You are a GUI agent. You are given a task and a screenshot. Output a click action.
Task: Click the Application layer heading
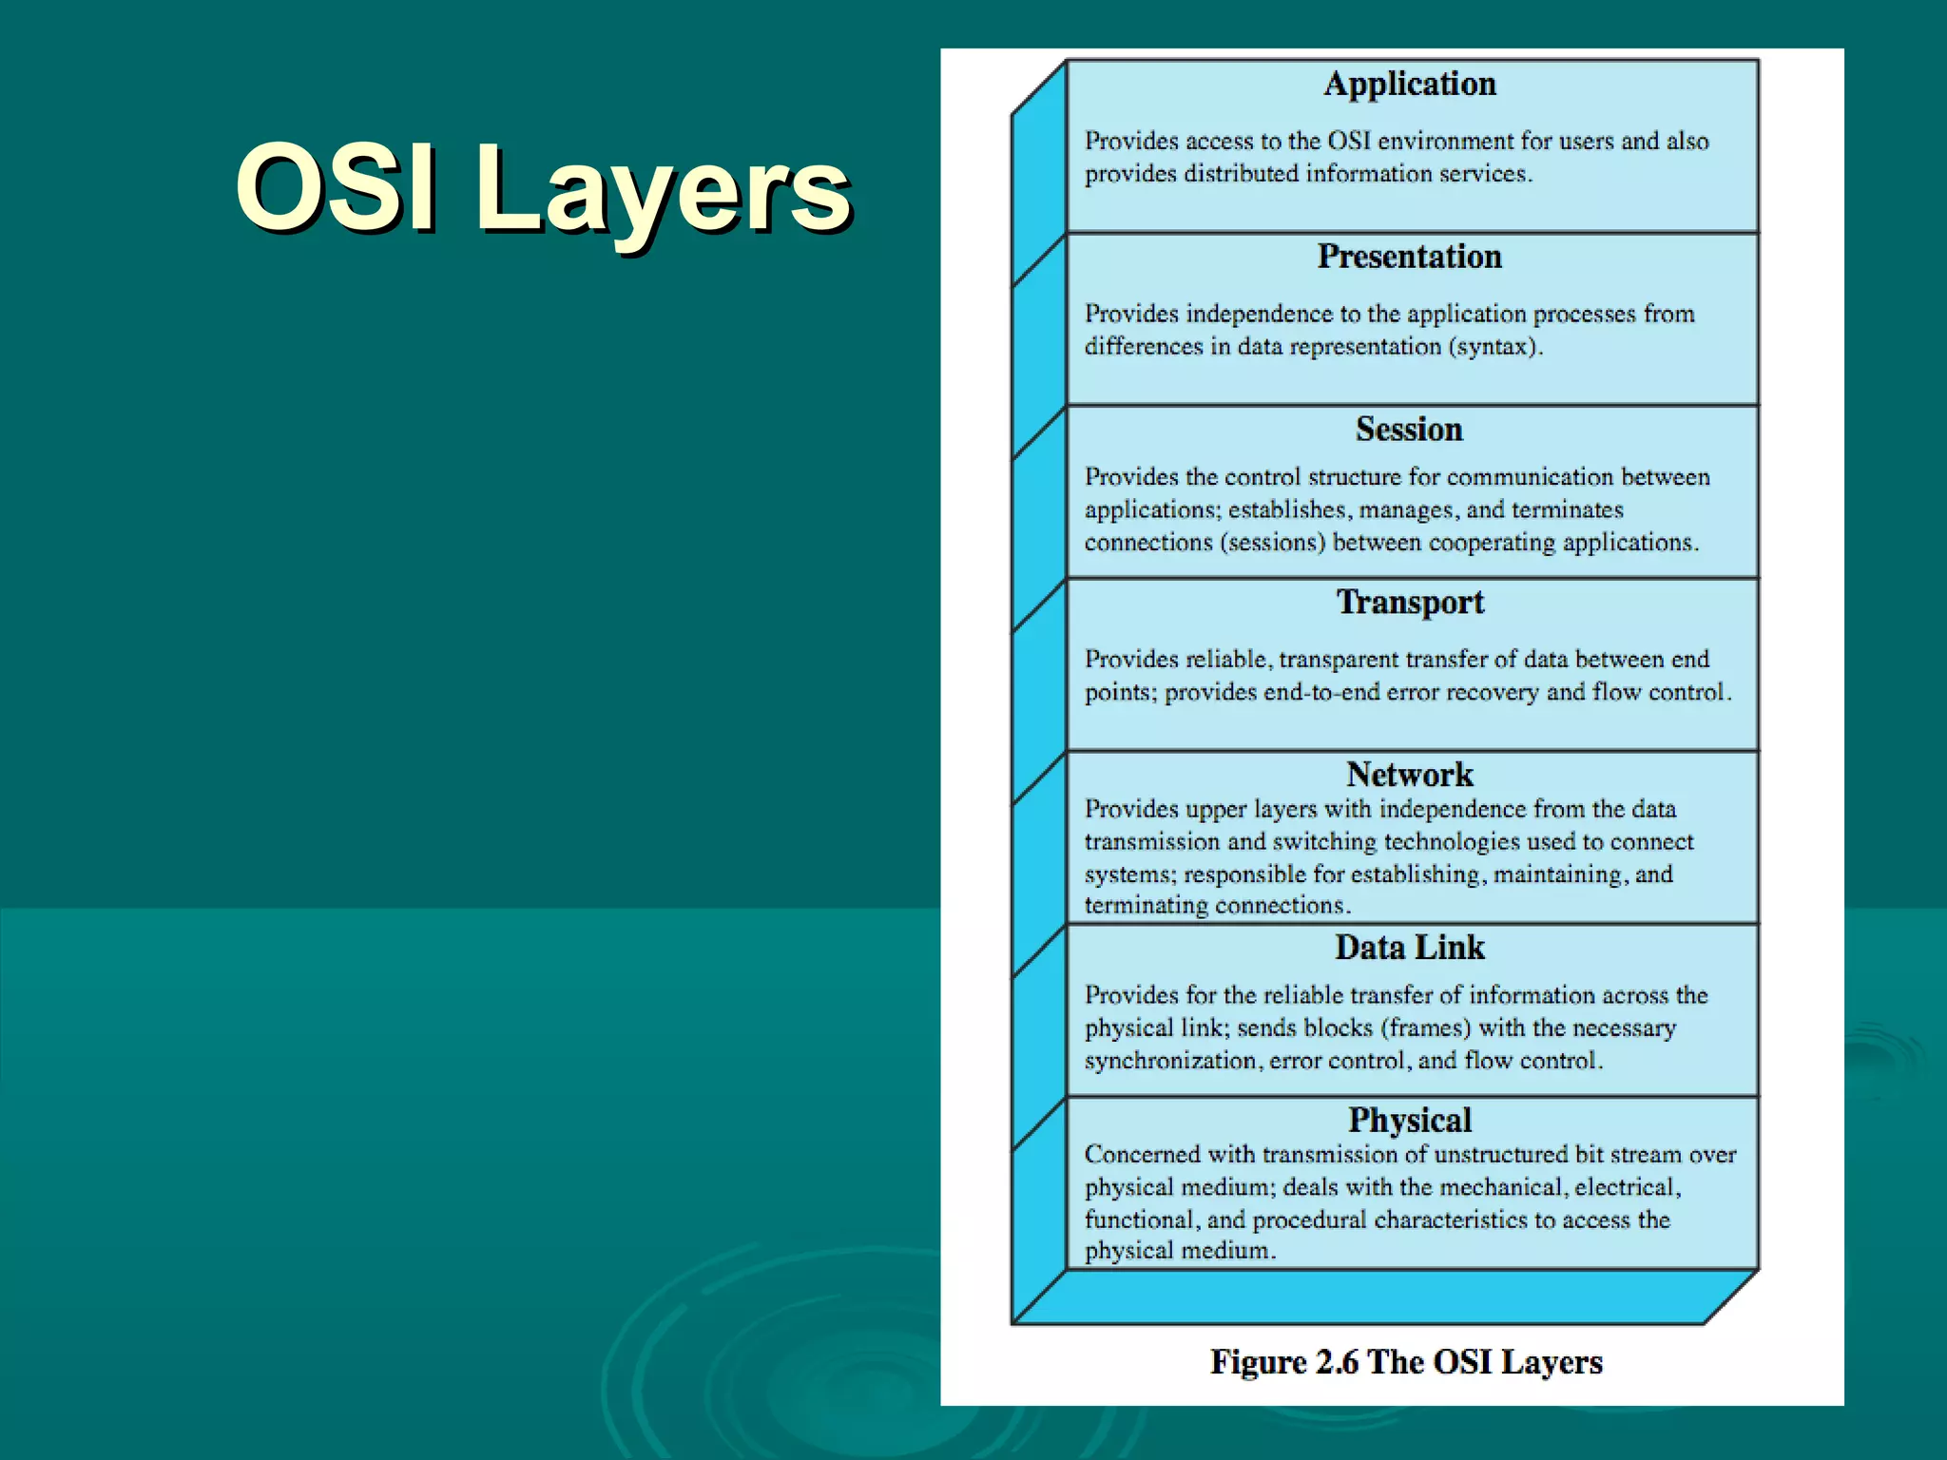[x=1410, y=85]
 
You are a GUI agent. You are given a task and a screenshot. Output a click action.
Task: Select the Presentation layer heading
[x=1409, y=257]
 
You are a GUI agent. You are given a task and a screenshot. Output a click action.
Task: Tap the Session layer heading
[x=1409, y=430]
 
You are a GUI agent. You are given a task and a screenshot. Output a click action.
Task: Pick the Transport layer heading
[x=1410, y=603]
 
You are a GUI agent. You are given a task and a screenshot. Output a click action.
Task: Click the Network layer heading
[x=1410, y=775]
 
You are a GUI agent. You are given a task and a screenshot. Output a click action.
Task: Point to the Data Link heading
[x=1410, y=948]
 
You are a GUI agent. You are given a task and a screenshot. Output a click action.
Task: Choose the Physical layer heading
[x=1410, y=1121]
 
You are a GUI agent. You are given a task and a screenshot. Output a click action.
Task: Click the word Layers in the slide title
[x=663, y=188]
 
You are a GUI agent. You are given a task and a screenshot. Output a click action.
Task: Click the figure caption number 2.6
[x=1337, y=1362]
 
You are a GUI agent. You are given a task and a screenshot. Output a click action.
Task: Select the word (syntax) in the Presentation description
[x=1494, y=347]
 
